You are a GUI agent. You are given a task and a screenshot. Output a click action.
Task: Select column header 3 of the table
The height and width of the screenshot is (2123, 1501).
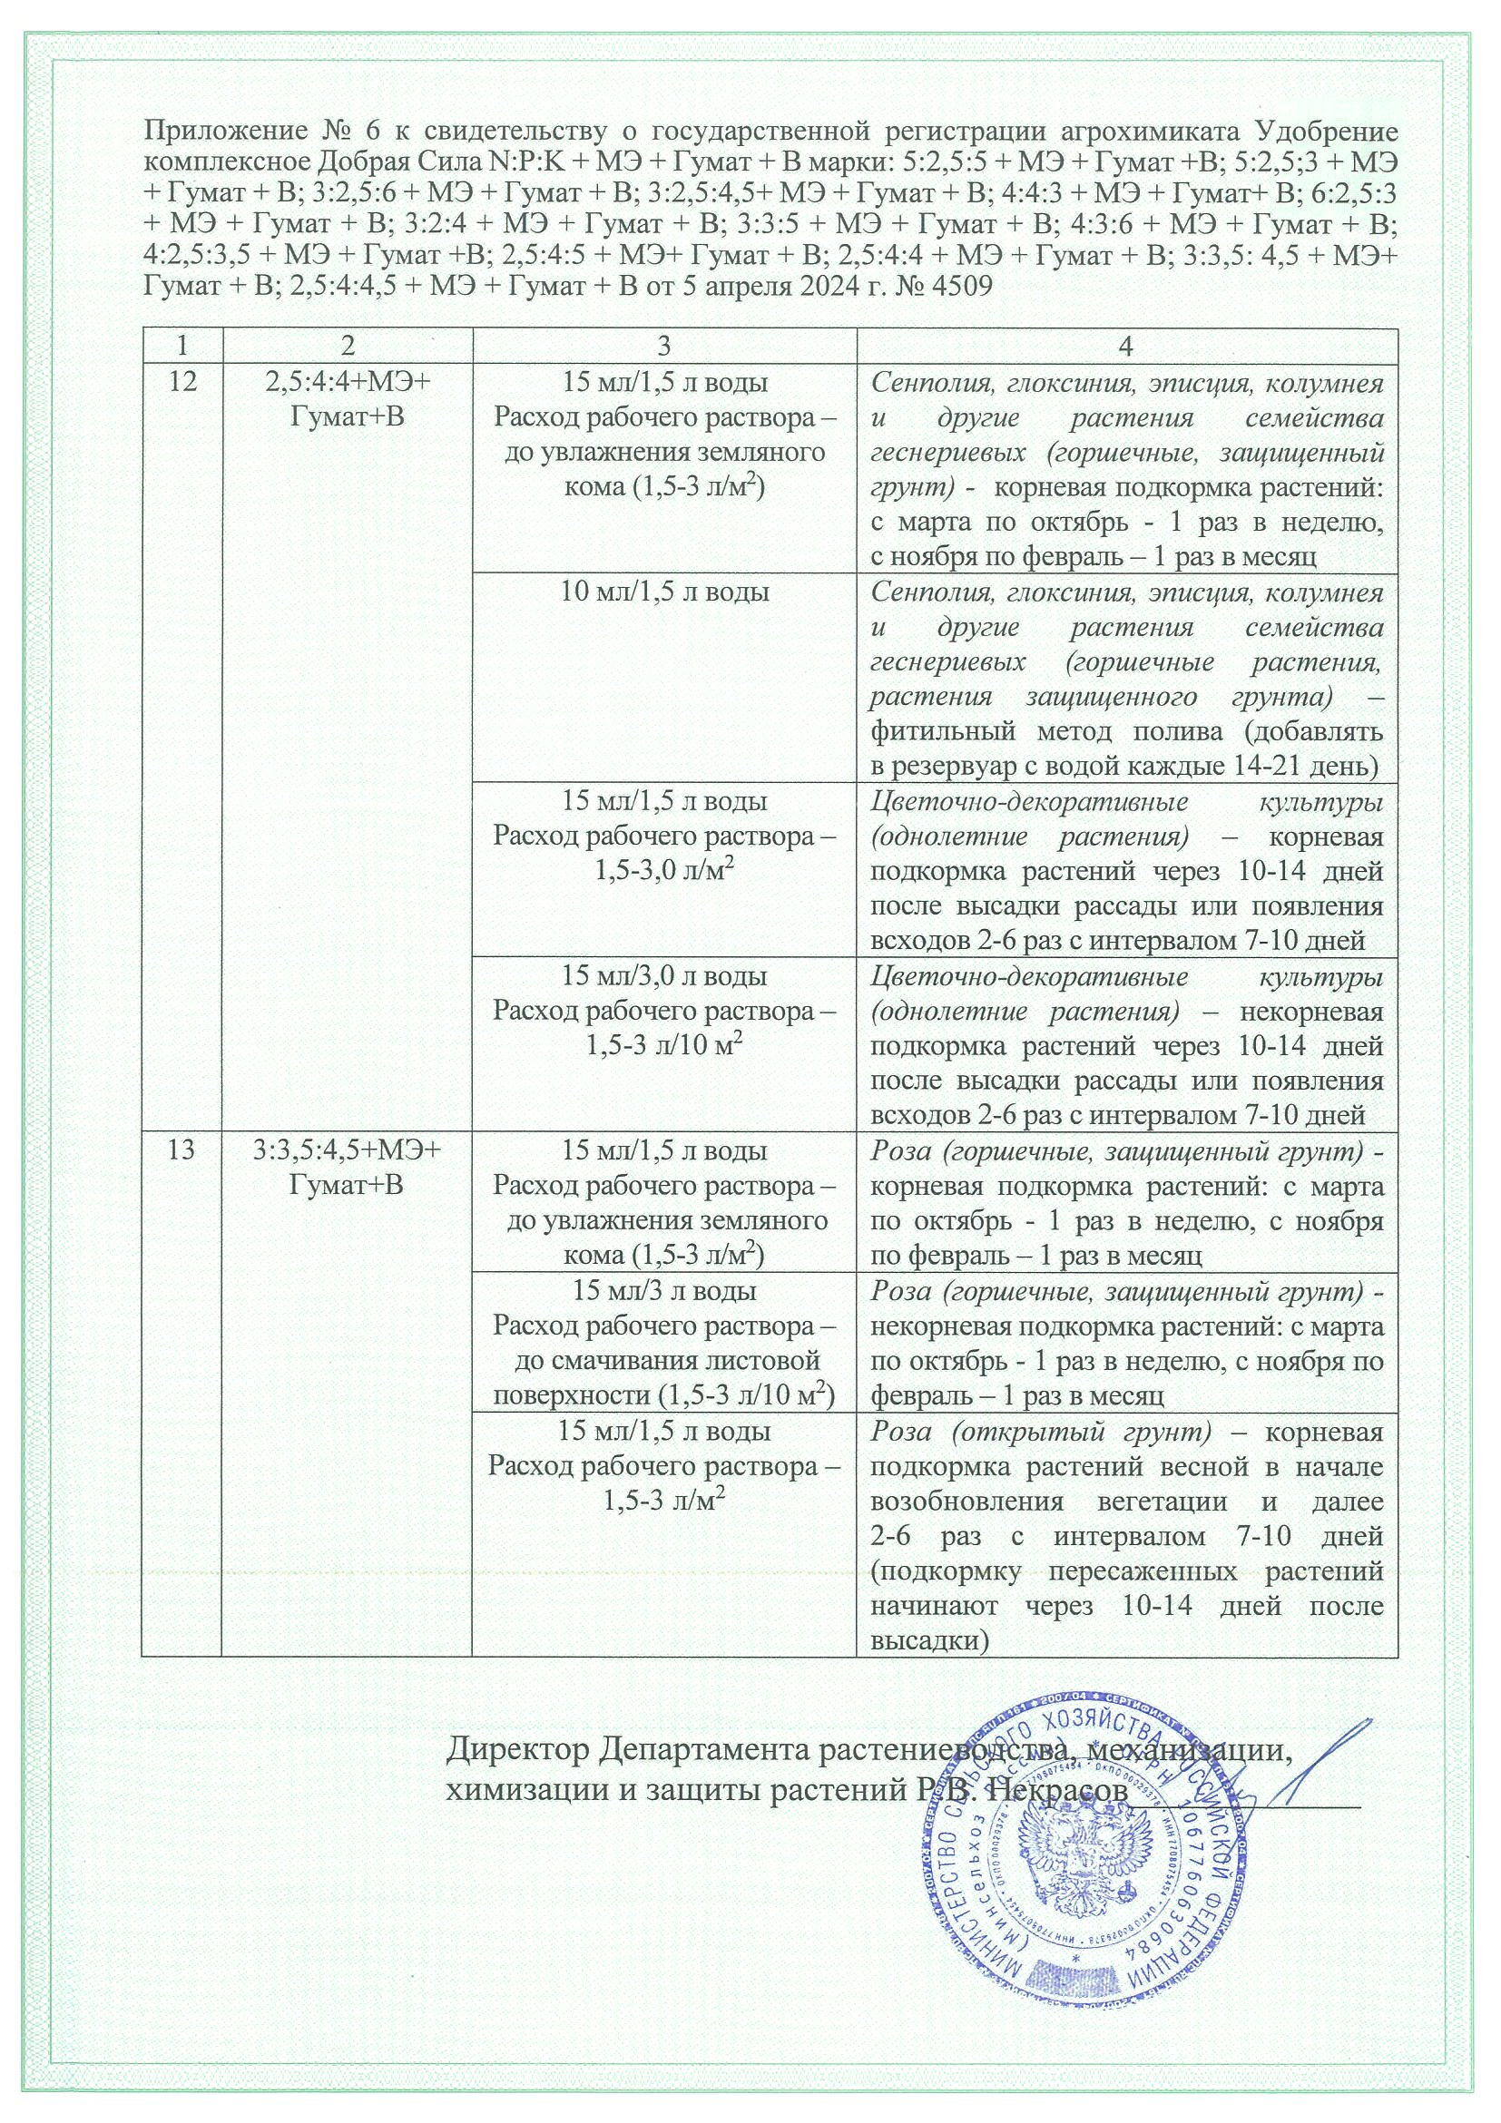tap(663, 345)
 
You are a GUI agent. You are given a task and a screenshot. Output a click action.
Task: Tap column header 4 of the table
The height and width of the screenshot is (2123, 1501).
tap(1125, 345)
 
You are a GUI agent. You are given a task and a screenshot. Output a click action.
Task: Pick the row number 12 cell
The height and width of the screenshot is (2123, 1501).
tap(181, 382)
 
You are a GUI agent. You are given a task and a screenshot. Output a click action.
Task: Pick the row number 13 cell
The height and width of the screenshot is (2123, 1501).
tap(181, 1151)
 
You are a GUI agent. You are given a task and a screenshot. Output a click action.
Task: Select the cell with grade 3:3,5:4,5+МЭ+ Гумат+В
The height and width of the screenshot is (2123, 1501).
tap(347, 1169)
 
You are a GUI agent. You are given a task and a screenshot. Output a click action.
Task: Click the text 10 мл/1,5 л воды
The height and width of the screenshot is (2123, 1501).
tap(664, 592)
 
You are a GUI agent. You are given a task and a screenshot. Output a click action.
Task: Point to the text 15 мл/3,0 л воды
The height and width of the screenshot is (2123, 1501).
tap(664, 975)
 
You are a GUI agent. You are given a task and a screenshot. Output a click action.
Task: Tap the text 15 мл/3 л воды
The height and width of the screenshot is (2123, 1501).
tap(664, 1291)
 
